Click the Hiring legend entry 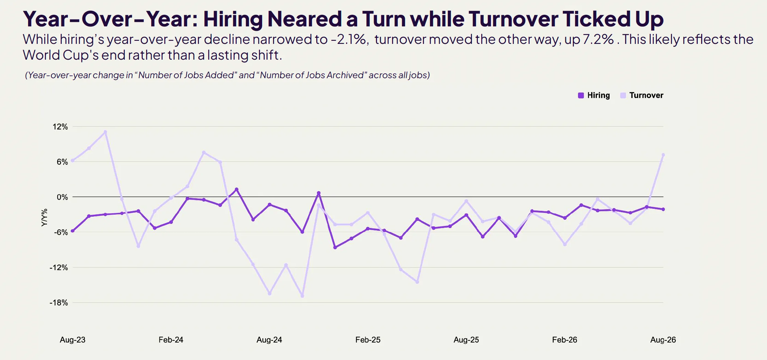coord(594,95)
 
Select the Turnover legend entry coord(642,95)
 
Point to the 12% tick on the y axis coord(60,127)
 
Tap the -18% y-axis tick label coord(59,303)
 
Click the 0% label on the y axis coord(62,197)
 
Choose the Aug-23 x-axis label coord(72,340)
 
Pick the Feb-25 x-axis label coord(368,340)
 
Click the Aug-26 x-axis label coord(663,340)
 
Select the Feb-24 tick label coord(171,340)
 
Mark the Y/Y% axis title coord(44,218)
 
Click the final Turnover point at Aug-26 coord(663,155)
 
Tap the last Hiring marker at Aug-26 coord(663,209)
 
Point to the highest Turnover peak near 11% coord(105,132)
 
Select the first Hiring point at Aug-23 coord(72,231)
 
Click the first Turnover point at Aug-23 coord(72,160)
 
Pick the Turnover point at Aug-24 coord(270,293)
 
